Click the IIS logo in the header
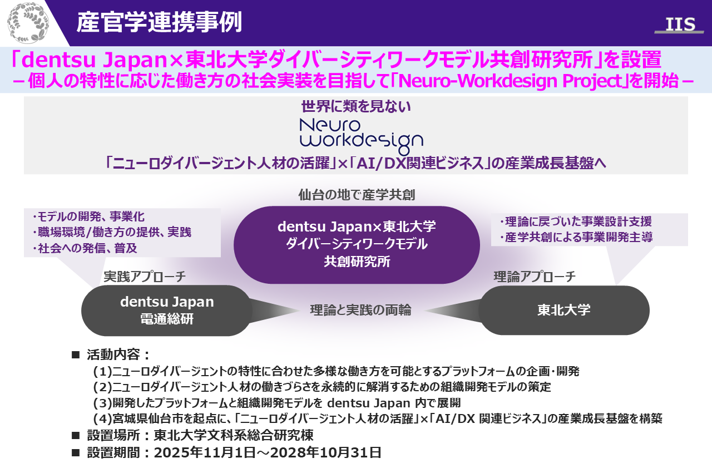click(x=680, y=25)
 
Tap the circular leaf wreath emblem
click(x=28, y=23)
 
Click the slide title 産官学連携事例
click(x=159, y=22)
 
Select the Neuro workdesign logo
click(x=362, y=137)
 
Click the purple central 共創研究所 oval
click(x=357, y=244)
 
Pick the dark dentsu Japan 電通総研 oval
click(x=167, y=311)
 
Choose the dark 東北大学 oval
click(x=564, y=310)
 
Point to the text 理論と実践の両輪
click(x=361, y=310)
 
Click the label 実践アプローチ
click(x=145, y=277)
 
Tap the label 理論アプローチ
click(x=535, y=277)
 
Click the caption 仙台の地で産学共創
click(x=357, y=195)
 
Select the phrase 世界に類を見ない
click(x=356, y=107)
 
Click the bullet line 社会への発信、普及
click(x=85, y=248)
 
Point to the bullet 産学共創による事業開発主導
click(x=576, y=237)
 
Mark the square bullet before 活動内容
click(x=76, y=355)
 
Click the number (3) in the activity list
click(x=103, y=403)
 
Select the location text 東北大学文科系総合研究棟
click(x=234, y=435)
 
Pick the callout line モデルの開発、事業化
click(x=88, y=217)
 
